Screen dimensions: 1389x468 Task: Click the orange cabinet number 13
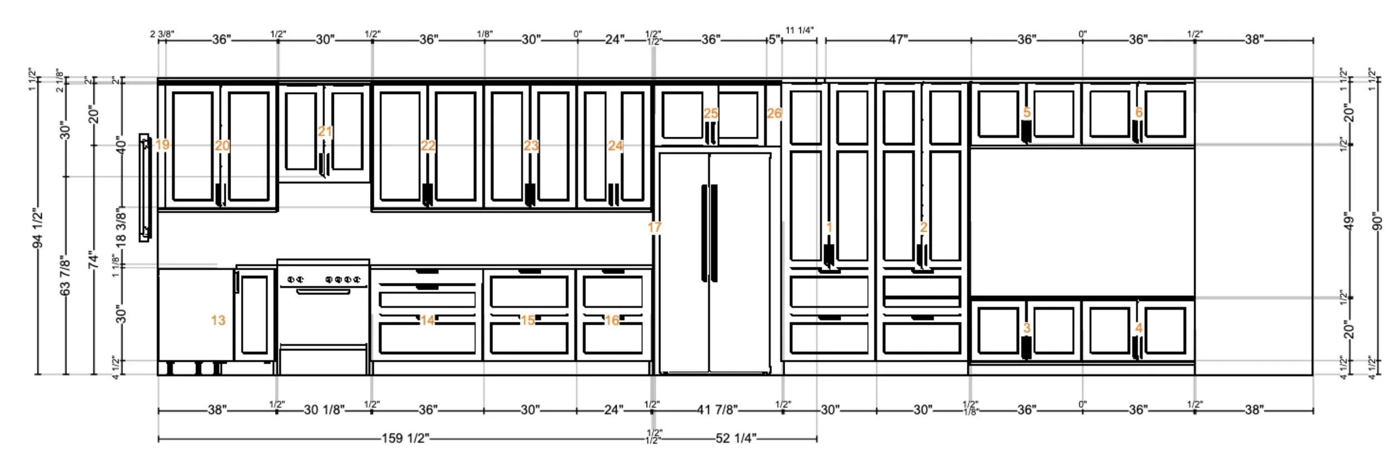218,320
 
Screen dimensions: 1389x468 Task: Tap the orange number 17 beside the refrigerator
654,227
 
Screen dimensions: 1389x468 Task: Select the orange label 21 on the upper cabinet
325,132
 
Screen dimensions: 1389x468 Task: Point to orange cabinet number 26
774,113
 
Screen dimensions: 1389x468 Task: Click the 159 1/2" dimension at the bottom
405,439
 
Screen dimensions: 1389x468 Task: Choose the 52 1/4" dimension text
736,439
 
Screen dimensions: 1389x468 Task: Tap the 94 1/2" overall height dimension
37,229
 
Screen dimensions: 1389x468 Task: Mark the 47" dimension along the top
898,39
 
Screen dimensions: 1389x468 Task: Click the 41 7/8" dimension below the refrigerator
717,410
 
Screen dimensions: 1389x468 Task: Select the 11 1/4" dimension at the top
800,31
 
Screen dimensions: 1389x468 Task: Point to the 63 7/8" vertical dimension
65,276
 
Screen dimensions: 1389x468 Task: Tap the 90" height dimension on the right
1377,221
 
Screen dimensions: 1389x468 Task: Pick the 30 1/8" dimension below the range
324,410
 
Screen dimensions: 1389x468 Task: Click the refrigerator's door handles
710,233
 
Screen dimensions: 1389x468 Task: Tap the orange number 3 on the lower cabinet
1027,328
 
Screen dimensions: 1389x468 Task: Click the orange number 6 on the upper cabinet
1138,113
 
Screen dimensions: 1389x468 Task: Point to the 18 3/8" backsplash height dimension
121,226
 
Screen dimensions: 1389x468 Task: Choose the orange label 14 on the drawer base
427,320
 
